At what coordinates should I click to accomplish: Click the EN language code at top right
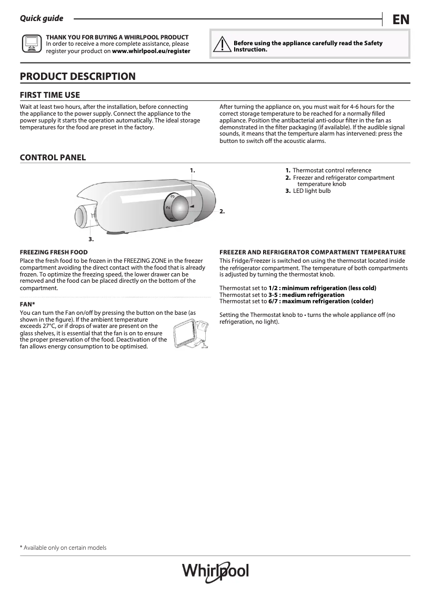click(400, 19)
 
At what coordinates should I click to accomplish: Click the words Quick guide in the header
click(41, 18)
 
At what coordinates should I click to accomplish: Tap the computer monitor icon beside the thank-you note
click(31, 44)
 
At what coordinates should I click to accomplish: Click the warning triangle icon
click(222, 45)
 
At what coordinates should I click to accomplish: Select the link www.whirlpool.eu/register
click(151, 52)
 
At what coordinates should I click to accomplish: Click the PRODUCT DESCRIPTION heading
click(77, 77)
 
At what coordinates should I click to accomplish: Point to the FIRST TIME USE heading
click(49, 95)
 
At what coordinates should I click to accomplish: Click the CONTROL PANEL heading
click(53, 158)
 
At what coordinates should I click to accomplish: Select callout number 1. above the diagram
click(193, 170)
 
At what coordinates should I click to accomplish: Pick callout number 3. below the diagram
click(91, 239)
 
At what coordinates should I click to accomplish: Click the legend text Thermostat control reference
click(331, 170)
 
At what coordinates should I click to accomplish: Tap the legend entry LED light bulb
click(312, 191)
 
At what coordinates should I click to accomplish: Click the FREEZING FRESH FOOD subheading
click(54, 252)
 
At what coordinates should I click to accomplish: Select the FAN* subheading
click(27, 303)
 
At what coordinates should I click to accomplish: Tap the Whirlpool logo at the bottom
click(215, 571)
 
